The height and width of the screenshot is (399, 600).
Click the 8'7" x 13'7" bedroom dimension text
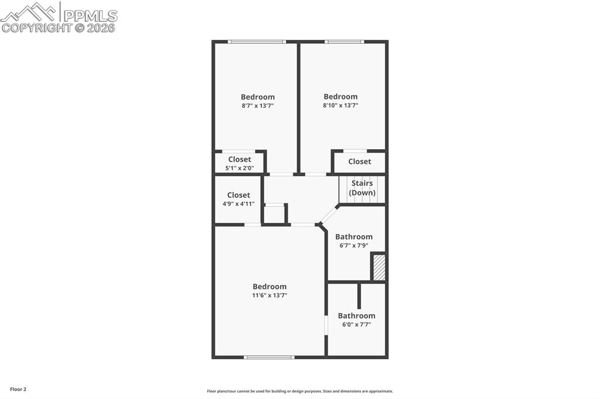tap(258, 106)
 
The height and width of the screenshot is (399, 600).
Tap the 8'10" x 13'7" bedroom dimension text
tap(340, 105)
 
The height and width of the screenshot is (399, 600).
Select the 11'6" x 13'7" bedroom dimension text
tap(270, 295)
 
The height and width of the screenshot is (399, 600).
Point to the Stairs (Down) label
tap(362, 188)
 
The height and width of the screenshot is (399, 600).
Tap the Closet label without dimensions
tap(359, 161)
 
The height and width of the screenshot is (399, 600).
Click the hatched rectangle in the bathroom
tap(379, 267)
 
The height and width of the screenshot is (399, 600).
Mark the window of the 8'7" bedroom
tap(257, 42)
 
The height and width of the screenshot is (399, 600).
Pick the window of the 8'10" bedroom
tap(345, 42)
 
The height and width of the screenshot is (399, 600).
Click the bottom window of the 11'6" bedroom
tap(270, 357)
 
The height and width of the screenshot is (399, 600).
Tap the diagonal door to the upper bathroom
tap(329, 215)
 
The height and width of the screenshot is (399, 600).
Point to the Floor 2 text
tap(18, 389)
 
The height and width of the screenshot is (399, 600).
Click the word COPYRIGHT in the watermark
tap(36, 27)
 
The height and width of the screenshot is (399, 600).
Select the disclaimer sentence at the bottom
tap(299, 391)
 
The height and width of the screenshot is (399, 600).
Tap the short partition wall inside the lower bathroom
tap(359, 296)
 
